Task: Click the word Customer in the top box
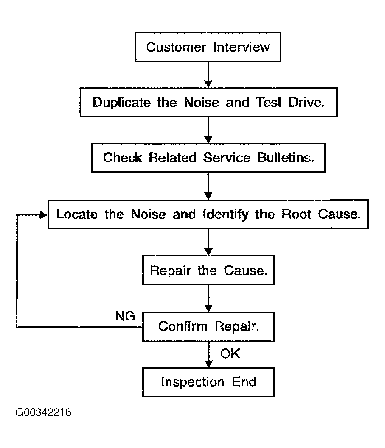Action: (x=176, y=47)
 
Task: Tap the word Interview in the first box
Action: (x=242, y=47)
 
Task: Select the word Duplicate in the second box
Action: (x=122, y=103)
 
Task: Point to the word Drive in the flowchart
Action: (x=306, y=102)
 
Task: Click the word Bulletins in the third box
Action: (x=286, y=157)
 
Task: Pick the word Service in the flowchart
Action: (x=227, y=157)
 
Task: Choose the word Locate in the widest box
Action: (x=77, y=214)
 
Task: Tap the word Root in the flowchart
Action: (x=296, y=214)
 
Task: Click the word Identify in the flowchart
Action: (x=226, y=214)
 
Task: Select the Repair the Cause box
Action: (x=208, y=270)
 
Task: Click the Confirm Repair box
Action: (x=208, y=327)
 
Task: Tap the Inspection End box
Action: (x=208, y=382)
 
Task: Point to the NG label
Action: (x=125, y=316)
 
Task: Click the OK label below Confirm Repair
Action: (x=230, y=354)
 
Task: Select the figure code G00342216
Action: (x=43, y=412)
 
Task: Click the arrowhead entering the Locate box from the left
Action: (x=44, y=214)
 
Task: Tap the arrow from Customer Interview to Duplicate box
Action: (x=208, y=75)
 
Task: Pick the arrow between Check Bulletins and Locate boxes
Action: (x=208, y=186)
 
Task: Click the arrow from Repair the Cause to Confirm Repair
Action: (x=209, y=298)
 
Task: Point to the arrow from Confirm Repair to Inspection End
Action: (x=209, y=355)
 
